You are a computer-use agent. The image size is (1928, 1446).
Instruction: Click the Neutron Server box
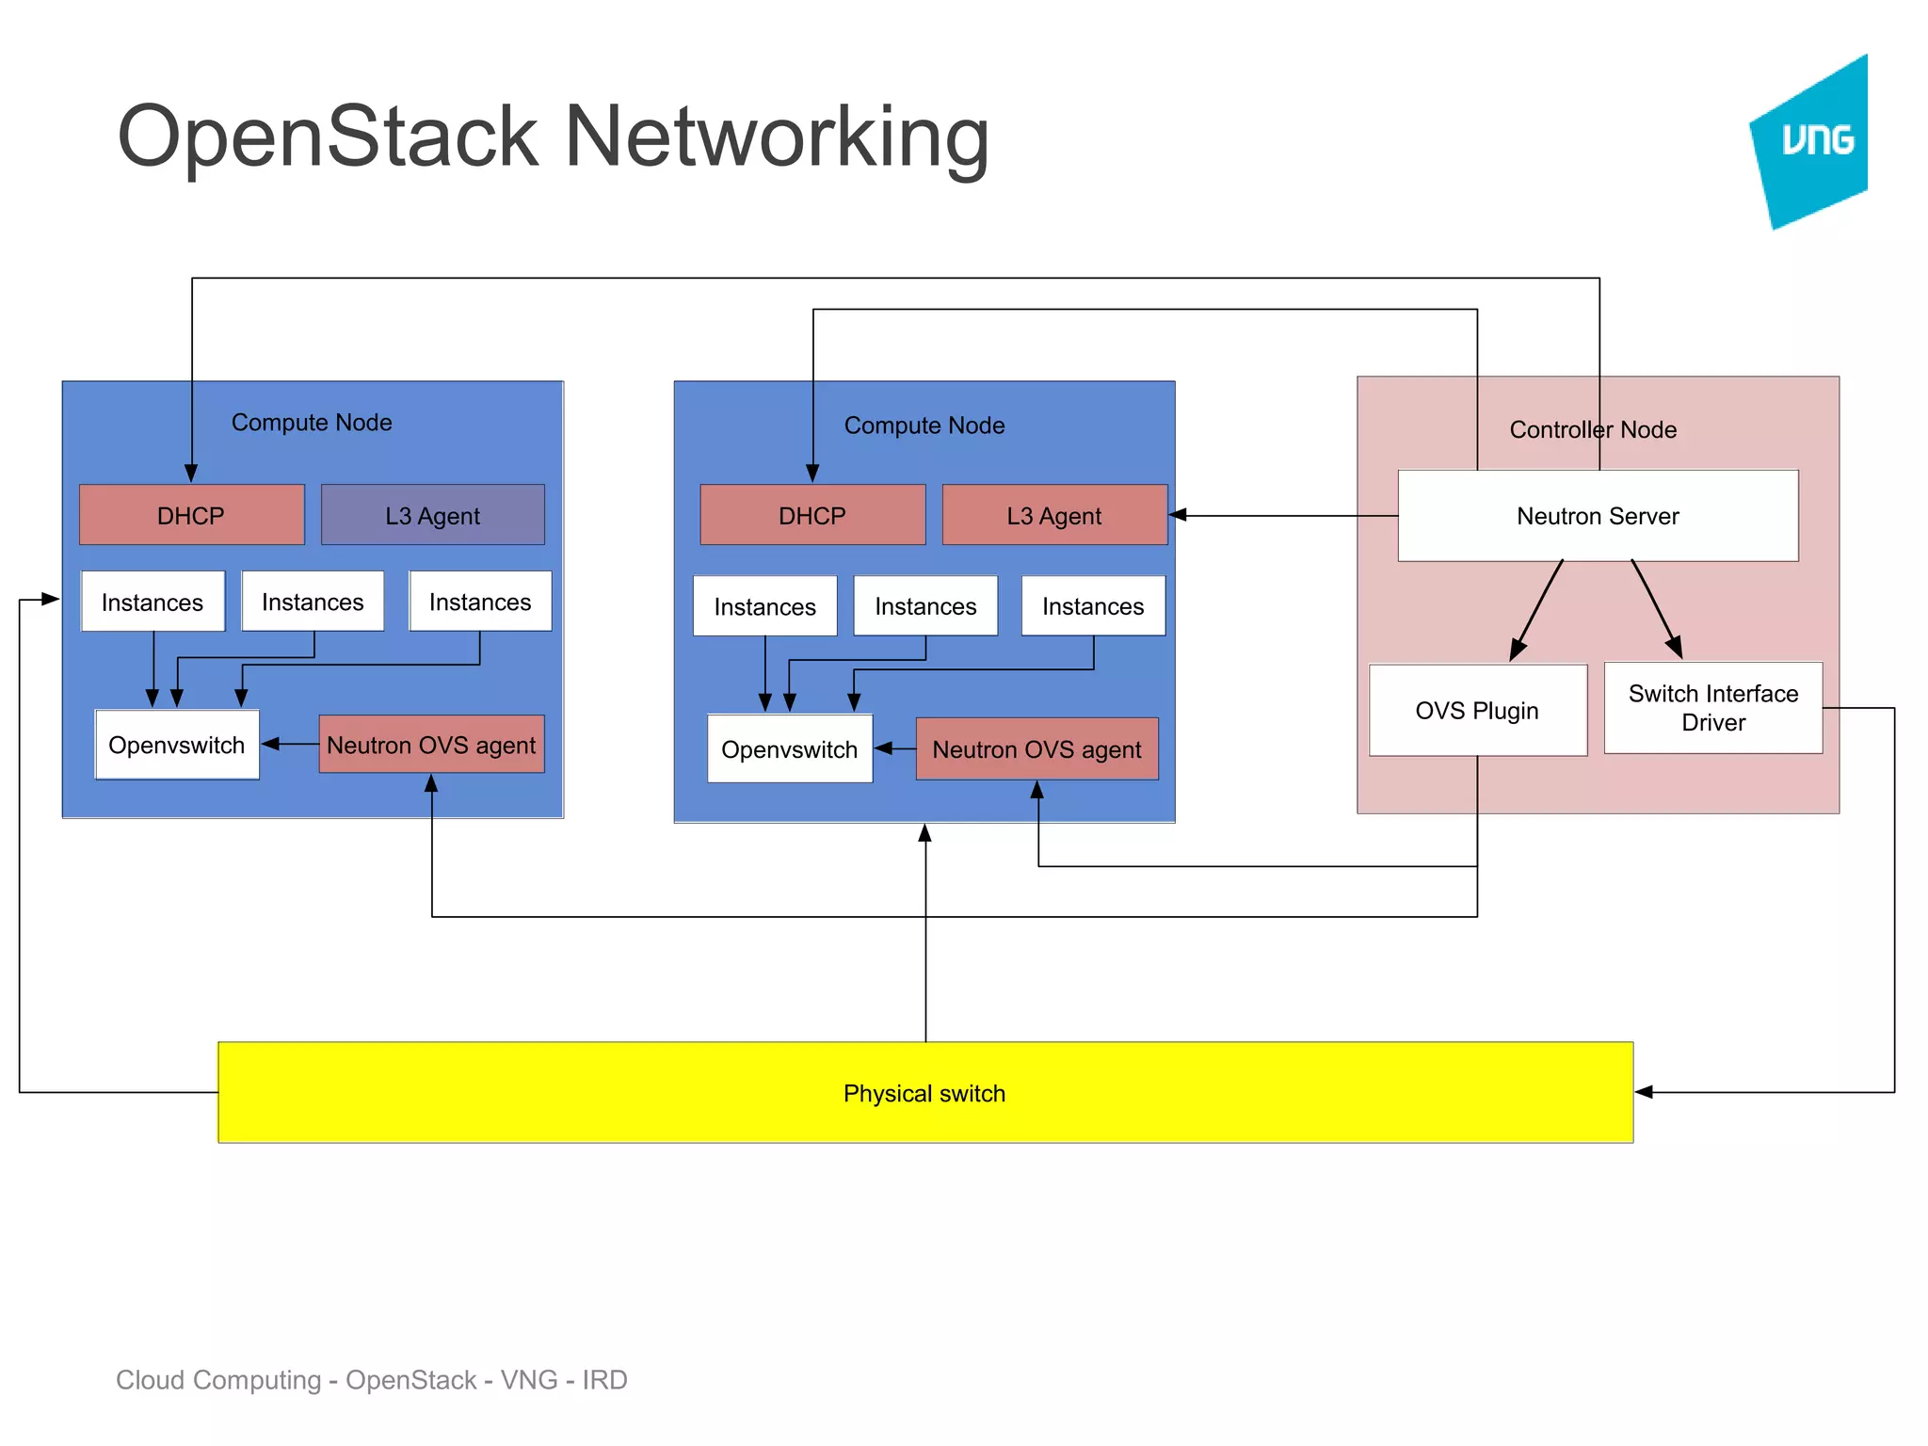[1598, 516]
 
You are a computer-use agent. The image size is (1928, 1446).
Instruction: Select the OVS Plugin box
[1477, 710]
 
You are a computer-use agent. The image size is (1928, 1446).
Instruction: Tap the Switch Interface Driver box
[1712, 708]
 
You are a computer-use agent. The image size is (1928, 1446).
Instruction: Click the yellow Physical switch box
[924, 1092]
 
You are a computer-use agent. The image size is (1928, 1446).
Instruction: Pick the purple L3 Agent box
[432, 515]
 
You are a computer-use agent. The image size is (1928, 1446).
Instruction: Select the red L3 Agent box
[1053, 515]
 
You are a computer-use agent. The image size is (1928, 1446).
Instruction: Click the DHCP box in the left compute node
[191, 515]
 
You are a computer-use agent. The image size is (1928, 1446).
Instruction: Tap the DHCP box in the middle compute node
[811, 515]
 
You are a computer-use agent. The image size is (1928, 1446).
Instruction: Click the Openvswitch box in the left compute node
[176, 745]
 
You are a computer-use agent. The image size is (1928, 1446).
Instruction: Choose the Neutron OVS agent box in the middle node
[1036, 749]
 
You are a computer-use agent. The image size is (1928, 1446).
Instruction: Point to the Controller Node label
[1593, 429]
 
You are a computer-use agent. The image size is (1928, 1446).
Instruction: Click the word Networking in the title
[776, 137]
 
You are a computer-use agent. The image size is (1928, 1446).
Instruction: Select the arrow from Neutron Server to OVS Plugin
[1537, 609]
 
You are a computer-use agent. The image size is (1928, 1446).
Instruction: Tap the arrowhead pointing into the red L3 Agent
[1178, 515]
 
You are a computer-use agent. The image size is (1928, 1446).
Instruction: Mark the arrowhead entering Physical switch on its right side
[1644, 1092]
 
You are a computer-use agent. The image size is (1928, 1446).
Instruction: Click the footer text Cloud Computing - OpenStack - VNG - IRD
[371, 1379]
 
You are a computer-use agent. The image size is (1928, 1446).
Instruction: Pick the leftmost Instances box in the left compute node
[153, 602]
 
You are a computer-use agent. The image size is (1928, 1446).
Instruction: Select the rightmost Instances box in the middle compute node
[1093, 606]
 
